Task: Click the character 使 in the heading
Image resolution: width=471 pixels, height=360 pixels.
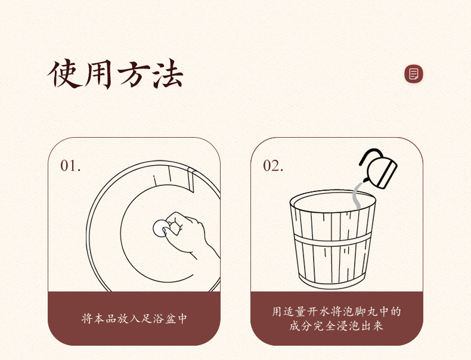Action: pyautogui.click(x=64, y=74)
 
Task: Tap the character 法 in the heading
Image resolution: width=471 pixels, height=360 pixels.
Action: pyautogui.click(x=167, y=74)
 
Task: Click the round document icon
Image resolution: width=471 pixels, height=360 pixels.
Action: pyautogui.click(x=414, y=74)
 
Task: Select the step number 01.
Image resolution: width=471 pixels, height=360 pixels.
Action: pyautogui.click(x=70, y=166)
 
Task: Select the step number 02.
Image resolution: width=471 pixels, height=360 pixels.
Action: pyautogui.click(x=273, y=166)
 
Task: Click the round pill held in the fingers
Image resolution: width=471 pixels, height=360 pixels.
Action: pyautogui.click(x=161, y=228)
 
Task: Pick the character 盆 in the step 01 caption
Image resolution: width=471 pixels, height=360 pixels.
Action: pyautogui.click(x=170, y=318)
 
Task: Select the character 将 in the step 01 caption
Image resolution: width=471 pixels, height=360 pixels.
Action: pyautogui.click(x=87, y=318)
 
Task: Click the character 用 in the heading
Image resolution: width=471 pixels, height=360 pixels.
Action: pyautogui.click(x=98, y=74)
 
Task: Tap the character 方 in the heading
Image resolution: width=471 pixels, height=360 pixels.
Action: pyautogui.click(x=133, y=74)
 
